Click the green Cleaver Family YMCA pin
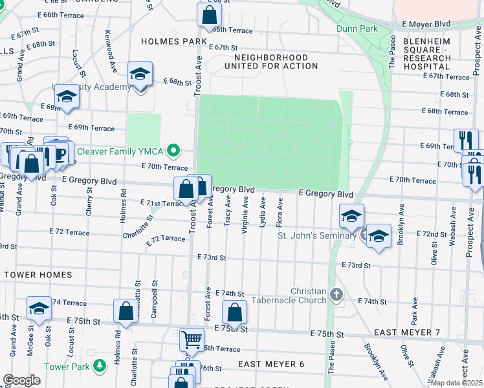(x=173, y=152)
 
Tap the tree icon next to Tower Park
(x=99, y=367)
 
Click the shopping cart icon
(x=192, y=339)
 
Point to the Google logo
(x=21, y=380)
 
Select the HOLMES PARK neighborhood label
(x=170, y=41)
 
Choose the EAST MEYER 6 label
(x=270, y=364)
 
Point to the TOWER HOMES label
(x=38, y=275)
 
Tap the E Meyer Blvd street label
(x=425, y=24)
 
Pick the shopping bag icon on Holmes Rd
(x=124, y=312)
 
